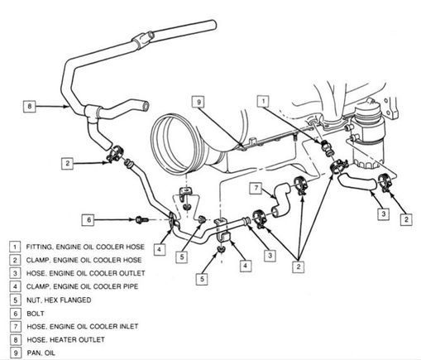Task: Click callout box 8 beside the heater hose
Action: (x=30, y=106)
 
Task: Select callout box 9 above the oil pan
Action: (x=199, y=102)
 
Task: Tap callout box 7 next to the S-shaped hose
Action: (x=256, y=188)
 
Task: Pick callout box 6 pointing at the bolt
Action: (x=89, y=220)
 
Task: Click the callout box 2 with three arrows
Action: (x=298, y=266)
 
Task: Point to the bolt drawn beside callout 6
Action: (x=141, y=220)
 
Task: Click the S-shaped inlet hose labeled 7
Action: (x=280, y=199)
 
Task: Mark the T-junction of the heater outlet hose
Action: (x=91, y=113)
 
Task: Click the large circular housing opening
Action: (x=175, y=142)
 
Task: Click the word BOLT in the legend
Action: (x=36, y=314)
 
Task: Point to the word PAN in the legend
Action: (x=33, y=353)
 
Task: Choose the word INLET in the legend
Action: (x=129, y=326)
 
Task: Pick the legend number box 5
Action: (x=15, y=300)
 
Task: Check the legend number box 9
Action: (x=15, y=353)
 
